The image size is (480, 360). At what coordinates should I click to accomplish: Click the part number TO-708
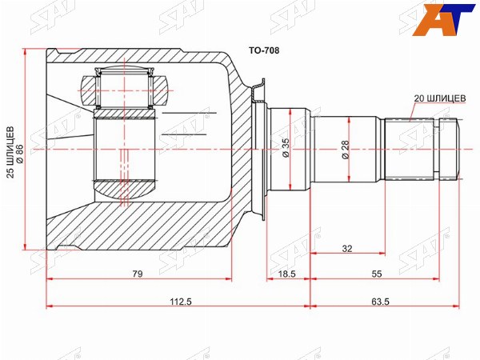tap(264, 50)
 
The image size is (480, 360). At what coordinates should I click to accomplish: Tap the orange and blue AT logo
tap(444, 20)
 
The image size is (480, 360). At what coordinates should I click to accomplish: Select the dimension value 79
tap(138, 274)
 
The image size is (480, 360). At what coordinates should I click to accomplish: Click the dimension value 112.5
tap(181, 302)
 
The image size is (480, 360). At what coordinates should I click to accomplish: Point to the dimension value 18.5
tap(287, 274)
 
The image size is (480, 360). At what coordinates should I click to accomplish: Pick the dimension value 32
tap(347, 249)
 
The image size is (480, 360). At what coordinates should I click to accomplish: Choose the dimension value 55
tap(377, 274)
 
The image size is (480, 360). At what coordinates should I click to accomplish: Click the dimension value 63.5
tap(380, 302)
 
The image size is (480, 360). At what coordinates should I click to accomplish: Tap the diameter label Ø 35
tap(285, 147)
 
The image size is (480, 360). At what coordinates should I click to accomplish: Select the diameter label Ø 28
tap(345, 150)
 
